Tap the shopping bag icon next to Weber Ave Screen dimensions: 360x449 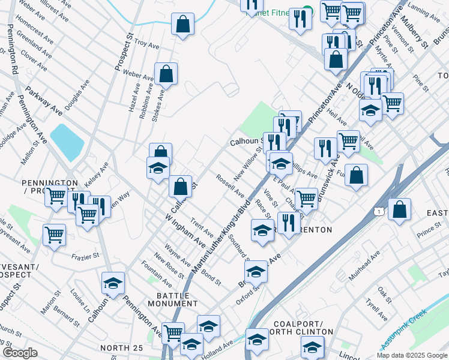tap(166, 75)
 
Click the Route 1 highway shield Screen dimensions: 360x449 tap(378, 211)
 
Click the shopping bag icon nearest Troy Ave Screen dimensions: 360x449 tap(182, 25)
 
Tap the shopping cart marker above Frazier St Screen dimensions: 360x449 tap(55, 235)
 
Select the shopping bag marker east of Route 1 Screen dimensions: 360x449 tap(399, 210)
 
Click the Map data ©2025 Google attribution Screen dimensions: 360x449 tap(412, 355)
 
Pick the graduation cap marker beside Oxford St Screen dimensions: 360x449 tap(256, 272)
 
